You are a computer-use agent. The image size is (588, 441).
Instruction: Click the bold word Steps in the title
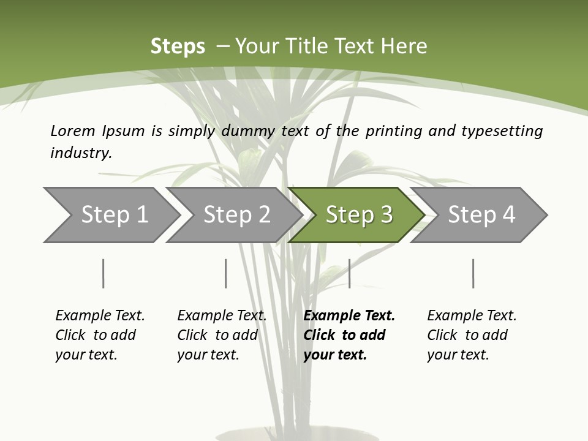(178, 47)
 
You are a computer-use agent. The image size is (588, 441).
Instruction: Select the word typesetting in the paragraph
(502, 131)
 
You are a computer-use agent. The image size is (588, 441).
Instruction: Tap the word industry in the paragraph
(80, 153)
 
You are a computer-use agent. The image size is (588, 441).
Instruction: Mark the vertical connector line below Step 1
(103, 273)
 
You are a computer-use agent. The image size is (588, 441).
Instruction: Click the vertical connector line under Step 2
(225, 273)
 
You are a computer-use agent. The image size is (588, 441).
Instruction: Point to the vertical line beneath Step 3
(349, 273)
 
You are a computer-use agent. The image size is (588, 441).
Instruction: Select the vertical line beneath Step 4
(473, 273)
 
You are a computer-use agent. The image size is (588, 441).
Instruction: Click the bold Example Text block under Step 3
(348, 335)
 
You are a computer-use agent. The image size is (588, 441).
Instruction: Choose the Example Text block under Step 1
(99, 335)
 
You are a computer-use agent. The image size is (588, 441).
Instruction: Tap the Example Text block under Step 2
(221, 335)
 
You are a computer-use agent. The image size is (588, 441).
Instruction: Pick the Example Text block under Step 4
(471, 335)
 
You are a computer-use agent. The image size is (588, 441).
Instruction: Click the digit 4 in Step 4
(508, 215)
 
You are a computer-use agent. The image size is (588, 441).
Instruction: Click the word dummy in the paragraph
(249, 131)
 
